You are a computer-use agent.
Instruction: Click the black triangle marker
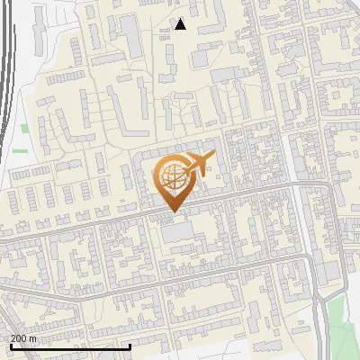181,24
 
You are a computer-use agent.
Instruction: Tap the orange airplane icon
200,163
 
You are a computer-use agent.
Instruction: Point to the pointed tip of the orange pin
171,211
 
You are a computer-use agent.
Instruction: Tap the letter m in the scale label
33,338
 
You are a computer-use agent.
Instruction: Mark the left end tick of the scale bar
11,346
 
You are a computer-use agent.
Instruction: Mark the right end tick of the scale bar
130,346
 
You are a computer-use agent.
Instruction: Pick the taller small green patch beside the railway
25,129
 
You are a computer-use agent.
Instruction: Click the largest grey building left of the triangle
132,36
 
